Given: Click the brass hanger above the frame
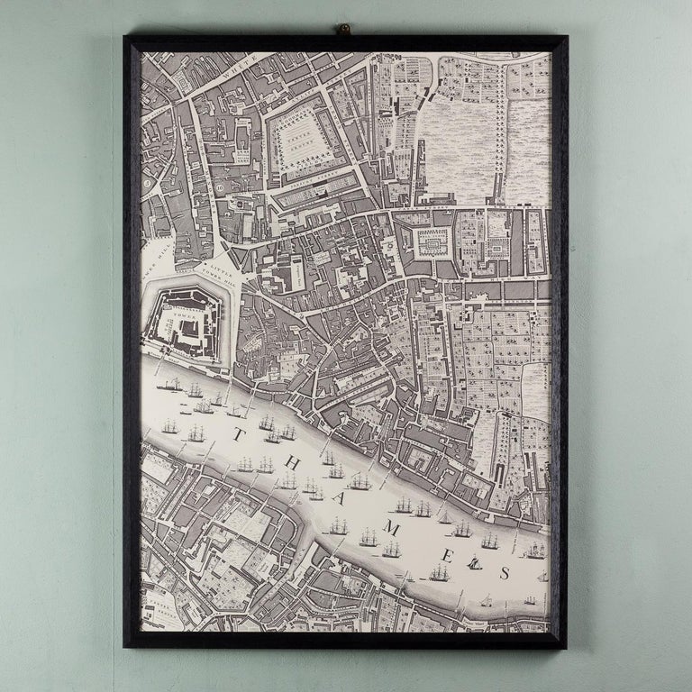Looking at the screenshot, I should tap(342, 30).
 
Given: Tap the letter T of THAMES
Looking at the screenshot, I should tap(238, 435).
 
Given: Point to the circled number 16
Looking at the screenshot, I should tap(220, 187).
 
